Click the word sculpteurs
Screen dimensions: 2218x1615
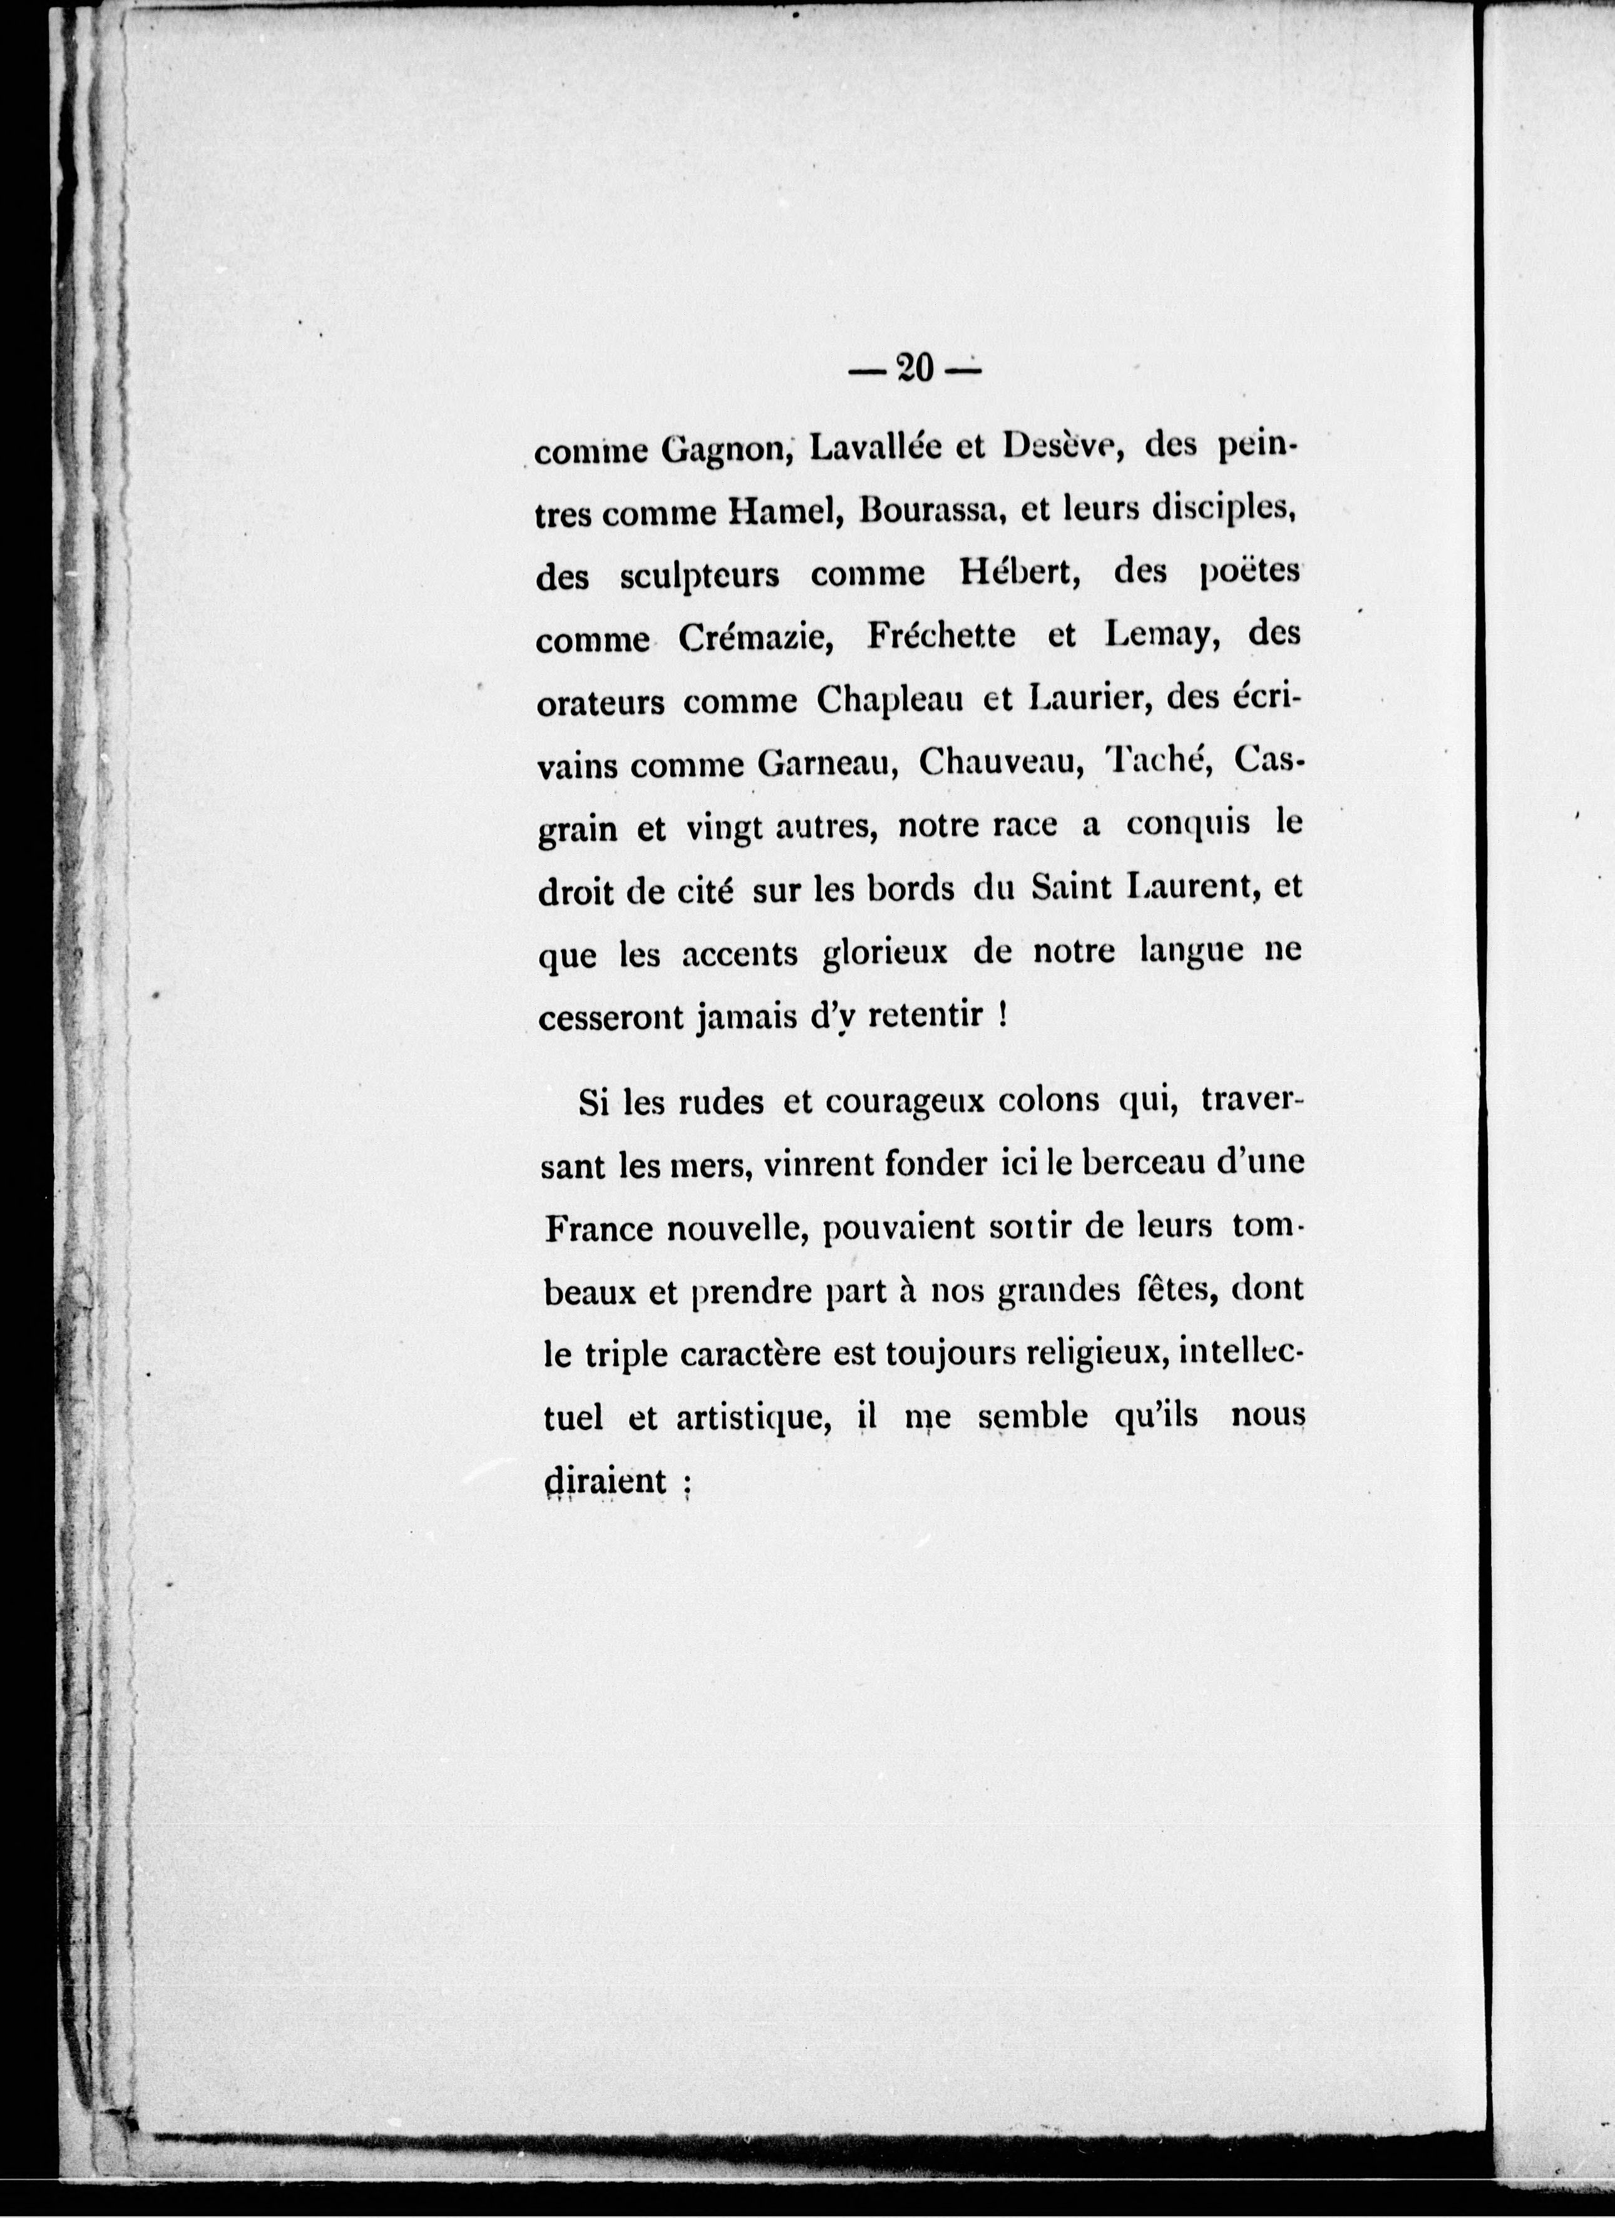[699, 576]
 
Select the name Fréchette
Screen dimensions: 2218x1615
[940, 636]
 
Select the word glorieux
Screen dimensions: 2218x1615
[884, 953]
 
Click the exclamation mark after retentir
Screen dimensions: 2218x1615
[1003, 1015]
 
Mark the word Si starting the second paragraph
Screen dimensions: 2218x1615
[593, 1102]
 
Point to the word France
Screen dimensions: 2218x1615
[598, 1229]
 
